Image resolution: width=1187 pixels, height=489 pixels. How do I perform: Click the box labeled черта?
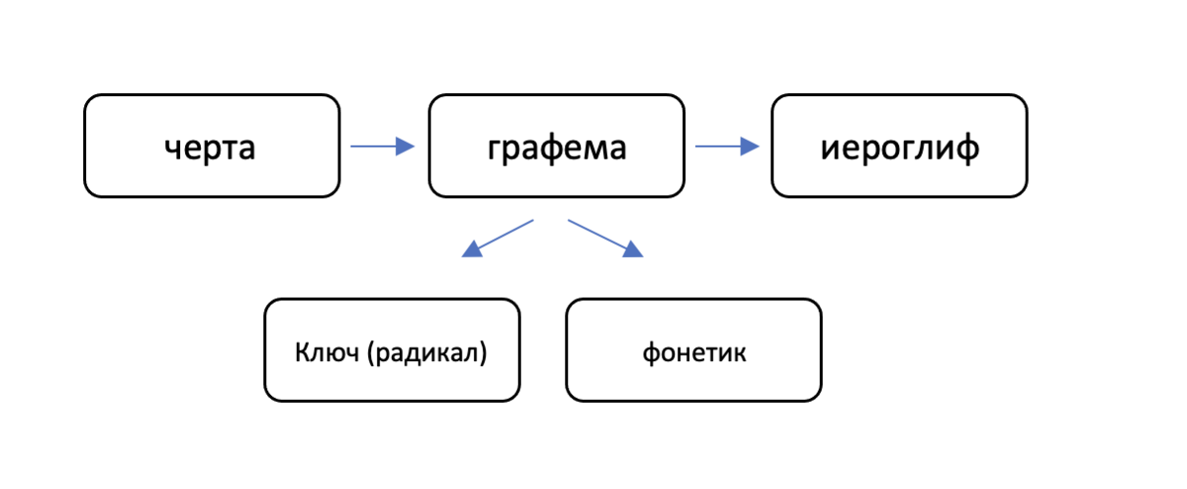[x=212, y=146]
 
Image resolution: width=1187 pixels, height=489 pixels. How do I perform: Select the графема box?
[x=556, y=146]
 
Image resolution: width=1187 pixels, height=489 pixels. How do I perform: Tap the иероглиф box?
[x=899, y=146]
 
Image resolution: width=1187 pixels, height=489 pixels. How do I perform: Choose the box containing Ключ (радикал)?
[x=392, y=350]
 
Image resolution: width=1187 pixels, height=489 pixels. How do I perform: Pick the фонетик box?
[x=693, y=350]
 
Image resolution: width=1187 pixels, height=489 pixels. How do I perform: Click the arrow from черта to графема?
[x=382, y=147]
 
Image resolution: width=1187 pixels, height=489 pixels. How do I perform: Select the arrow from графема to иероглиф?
[x=726, y=147]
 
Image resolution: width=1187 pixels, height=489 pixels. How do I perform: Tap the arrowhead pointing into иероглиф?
[x=750, y=147]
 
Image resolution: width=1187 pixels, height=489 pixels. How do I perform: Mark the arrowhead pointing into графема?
[x=405, y=147]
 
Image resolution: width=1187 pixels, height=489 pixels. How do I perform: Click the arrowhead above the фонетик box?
[x=632, y=250]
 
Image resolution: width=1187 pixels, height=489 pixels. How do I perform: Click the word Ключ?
[x=326, y=352]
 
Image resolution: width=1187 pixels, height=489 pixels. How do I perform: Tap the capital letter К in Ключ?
[x=302, y=352]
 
